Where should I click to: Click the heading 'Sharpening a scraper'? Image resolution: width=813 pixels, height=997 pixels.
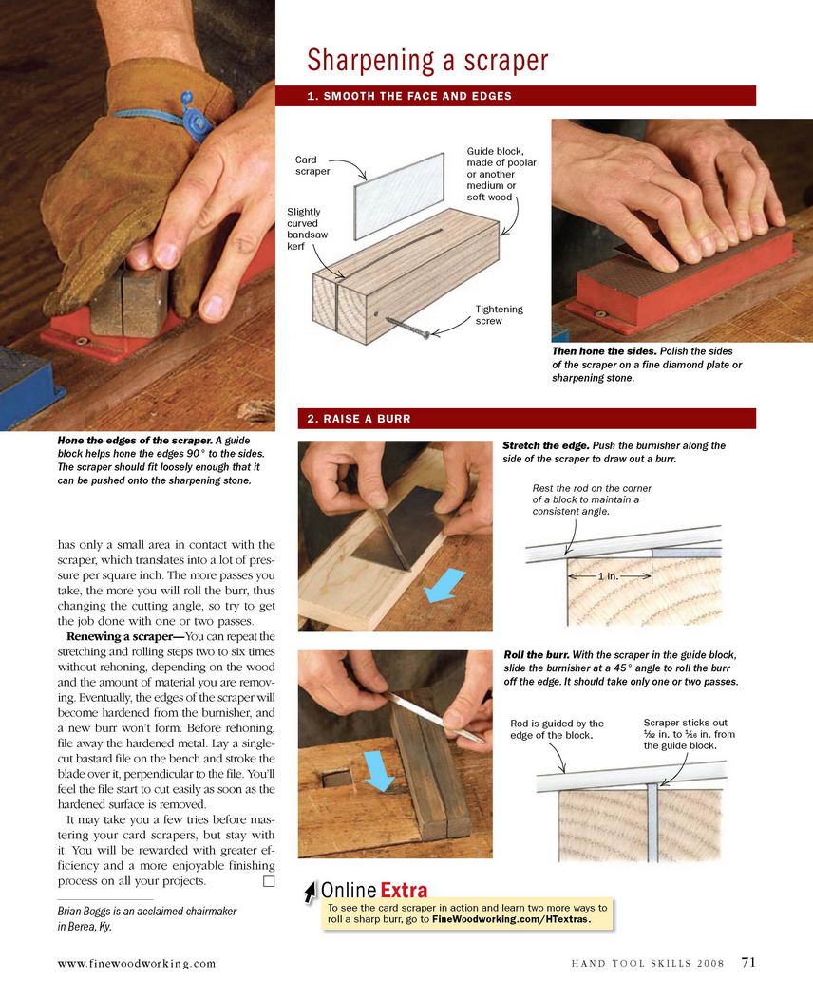click(x=427, y=61)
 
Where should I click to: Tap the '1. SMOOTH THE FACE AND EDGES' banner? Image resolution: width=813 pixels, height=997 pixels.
click(x=516, y=96)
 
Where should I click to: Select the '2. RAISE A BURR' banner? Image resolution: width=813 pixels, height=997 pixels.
click(x=527, y=419)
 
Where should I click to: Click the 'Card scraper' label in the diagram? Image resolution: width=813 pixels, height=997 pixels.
click(x=312, y=165)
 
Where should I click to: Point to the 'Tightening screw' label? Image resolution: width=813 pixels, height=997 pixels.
click(x=500, y=314)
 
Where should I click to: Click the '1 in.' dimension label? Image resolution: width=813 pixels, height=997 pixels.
click(x=608, y=576)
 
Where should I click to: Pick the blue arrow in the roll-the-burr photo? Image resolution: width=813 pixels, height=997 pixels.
click(x=380, y=771)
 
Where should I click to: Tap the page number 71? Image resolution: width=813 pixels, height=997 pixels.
click(x=748, y=962)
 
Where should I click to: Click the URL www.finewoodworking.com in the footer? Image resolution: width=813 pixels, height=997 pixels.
click(x=137, y=964)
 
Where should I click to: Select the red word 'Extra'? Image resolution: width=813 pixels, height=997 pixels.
click(x=404, y=890)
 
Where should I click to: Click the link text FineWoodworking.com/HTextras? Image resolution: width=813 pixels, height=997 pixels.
click(x=511, y=919)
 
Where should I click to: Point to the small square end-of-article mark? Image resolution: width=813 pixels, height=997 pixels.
click(x=269, y=881)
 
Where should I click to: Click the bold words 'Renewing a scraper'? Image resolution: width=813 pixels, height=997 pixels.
click(x=120, y=636)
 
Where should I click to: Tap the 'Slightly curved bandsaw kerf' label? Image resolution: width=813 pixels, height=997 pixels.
click(x=308, y=229)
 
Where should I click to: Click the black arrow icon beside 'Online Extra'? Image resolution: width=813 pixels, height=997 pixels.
click(x=310, y=892)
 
